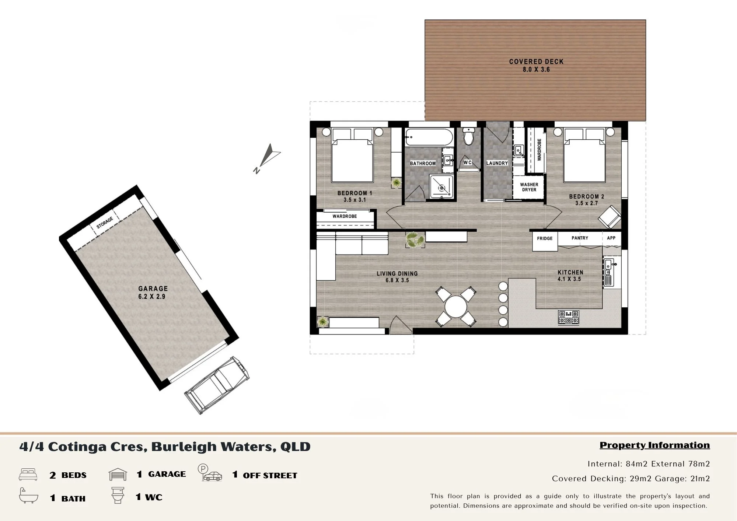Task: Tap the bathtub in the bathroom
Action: tap(429, 138)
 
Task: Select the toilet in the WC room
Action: tap(469, 136)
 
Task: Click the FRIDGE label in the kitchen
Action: tap(545, 238)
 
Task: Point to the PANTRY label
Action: tap(580, 238)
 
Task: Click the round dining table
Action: tap(456, 307)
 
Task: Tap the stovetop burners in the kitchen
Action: tap(569, 317)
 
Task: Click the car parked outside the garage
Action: tap(217, 385)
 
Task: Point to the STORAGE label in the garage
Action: tap(105, 223)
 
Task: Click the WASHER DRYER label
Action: tap(529, 187)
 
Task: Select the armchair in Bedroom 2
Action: tap(610, 217)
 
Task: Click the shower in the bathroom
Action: tap(441, 187)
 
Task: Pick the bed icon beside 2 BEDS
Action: tap(28, 475)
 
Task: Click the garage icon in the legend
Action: tap(118, 474)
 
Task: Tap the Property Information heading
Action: tap(655, 445)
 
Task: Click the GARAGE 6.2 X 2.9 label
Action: tap(153, 293)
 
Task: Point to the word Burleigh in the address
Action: tap(184, 447)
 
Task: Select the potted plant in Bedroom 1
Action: tap(397, 183)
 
